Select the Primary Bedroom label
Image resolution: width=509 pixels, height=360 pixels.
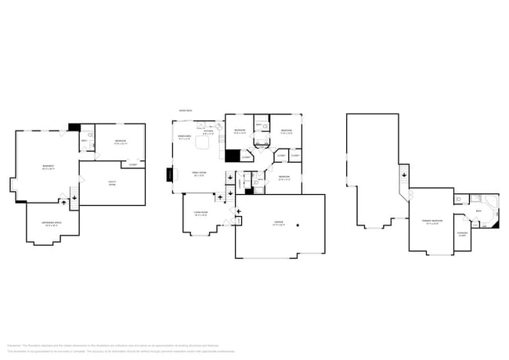coord(432,221)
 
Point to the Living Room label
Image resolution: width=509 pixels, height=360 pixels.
coord(200,214)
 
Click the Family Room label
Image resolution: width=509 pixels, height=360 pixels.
coord(200,174)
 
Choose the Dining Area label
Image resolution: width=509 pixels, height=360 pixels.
coord(185,137)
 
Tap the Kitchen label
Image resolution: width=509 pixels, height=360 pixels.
coord(208,132)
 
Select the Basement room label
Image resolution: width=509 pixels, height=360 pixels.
coord(48,167)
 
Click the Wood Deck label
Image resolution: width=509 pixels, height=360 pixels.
coord(186,110)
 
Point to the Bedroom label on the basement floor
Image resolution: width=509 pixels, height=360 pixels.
coord(121,142)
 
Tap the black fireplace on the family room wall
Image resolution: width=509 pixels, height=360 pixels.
coord(168,175)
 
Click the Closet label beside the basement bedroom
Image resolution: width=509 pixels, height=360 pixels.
coord(132,165)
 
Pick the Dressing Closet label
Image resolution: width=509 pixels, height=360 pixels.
coord(462,234)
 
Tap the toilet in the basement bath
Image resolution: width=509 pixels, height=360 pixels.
coord(91,135)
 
